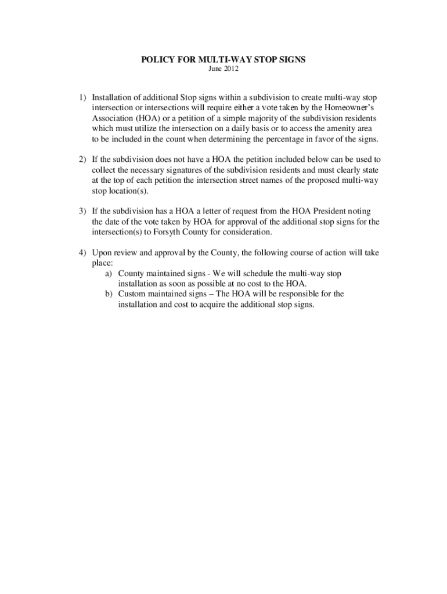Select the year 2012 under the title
pos(230,70)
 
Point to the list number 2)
pos(84,159)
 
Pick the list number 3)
pos(84,211)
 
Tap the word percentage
pos(281,139)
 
